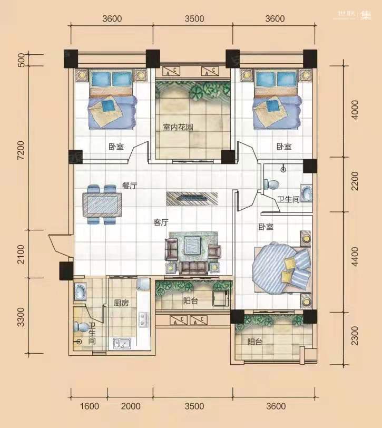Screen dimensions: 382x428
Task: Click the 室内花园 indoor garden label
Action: coord(178,127)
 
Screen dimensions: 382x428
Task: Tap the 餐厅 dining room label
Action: coord(130,186)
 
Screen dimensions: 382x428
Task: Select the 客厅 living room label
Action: coord(161,222)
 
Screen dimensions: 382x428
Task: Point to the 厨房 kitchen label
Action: coord(121,303)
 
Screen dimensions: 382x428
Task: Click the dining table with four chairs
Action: coord(102,205)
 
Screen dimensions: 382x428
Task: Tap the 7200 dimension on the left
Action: coord(21,150)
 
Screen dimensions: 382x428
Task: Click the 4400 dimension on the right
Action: coord(355,256)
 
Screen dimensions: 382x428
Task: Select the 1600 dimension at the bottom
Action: coord(89,406)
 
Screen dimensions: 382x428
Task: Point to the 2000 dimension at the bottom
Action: coord(131,406)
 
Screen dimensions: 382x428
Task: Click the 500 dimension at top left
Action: coord(21,60)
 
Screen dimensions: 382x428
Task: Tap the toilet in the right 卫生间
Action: coord(271,184)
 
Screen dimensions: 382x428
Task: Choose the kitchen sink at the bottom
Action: coord(122,343)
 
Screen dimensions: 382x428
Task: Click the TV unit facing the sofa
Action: coord(192,198)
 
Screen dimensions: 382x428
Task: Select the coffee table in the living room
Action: coord(192,246)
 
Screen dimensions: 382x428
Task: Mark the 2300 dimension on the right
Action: coord(355,335)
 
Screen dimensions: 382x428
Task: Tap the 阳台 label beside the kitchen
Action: coord(190,301)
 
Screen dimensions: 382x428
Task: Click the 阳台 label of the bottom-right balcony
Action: coord(255,342)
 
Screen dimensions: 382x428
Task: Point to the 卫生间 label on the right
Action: coord(288,199)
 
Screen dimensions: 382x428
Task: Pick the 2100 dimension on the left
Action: coord(21,254)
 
